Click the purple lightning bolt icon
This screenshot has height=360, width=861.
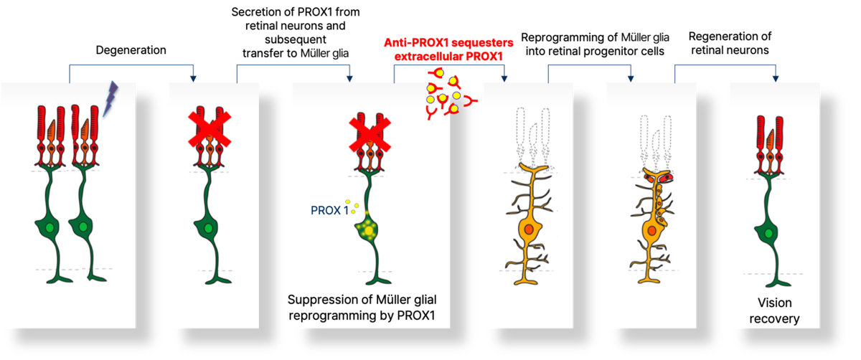pyautogui.click(x=110, y=98)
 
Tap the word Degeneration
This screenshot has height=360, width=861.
pyautogui.click(x=131, y=50)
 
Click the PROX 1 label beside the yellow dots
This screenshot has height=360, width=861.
pyautogui.click(x=330, y=210)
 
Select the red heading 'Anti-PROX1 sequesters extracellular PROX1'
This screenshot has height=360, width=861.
pyautogui.click(x=448, y=49)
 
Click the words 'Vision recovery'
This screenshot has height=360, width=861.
pyautogui.click(x=774, y=311)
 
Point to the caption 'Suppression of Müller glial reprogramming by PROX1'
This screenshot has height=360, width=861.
pyautogui.click(x=362, y=308)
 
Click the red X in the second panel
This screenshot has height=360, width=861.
pyautogui.click(x=210, y=129)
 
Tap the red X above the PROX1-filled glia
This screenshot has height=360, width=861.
pyautogui.click(x=370, y=134)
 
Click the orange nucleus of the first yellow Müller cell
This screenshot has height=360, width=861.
pyautogui.click(x=529, y=229)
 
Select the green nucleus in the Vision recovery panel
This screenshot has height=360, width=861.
pyautogui.click(x=768, y=233)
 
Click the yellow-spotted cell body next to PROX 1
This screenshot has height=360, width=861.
pyautogui.click(x=368, y=230)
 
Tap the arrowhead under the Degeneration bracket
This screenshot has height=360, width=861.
pyautogui.click(x=193, y=79)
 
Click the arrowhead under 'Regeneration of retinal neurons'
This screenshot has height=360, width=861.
pyautogui.click(x=776, y=79)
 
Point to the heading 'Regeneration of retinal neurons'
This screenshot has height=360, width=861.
pyautogui.click(x=730, y=43)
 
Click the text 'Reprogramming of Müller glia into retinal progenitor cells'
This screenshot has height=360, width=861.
pyautogui.click(x=595, y=44)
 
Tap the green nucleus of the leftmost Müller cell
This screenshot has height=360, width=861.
pyautogui.click(x=50, y=228)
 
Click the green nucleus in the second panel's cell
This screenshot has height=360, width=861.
pyautogui.click(x=208, y=229)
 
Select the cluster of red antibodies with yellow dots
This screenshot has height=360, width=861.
pyautogui.click(x=451, y=93)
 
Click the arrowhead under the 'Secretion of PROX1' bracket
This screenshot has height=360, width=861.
pyautogui.click(x=349, y=79)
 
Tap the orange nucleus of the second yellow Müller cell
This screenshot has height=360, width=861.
pyautogui.click(x=651, y=230)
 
